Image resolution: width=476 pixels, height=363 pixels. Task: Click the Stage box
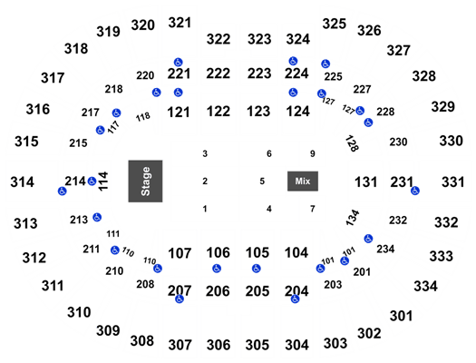point(145,181)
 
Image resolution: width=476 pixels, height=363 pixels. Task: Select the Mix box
point(303,181)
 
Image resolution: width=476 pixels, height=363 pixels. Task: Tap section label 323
point(259,39)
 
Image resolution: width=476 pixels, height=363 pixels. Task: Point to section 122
point(219,112)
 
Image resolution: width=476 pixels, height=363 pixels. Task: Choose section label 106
point(218,252)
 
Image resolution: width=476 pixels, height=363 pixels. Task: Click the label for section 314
point(22,182)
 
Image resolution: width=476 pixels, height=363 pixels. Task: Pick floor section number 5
point(262,181)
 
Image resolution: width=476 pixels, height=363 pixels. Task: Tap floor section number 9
point(313,153)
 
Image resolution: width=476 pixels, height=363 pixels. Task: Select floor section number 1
point(205,209)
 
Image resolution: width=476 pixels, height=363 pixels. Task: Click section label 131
point(365,182)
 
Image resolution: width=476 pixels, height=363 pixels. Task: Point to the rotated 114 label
point(103,181)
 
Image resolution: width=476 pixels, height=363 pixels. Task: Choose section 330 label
point(452,141)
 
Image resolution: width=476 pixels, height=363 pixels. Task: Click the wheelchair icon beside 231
point(415,191)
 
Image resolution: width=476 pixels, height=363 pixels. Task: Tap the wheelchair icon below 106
point(217,269)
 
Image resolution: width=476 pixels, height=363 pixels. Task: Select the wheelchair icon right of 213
point(97,217)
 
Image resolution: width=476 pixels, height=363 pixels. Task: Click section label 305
point(257,345)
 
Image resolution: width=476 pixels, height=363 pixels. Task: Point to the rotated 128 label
point(352,143)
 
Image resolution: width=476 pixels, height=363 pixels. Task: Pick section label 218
point(114,89)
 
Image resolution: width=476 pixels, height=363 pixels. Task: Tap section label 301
point(402,316)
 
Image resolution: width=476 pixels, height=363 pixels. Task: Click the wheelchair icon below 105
point(257,269)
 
